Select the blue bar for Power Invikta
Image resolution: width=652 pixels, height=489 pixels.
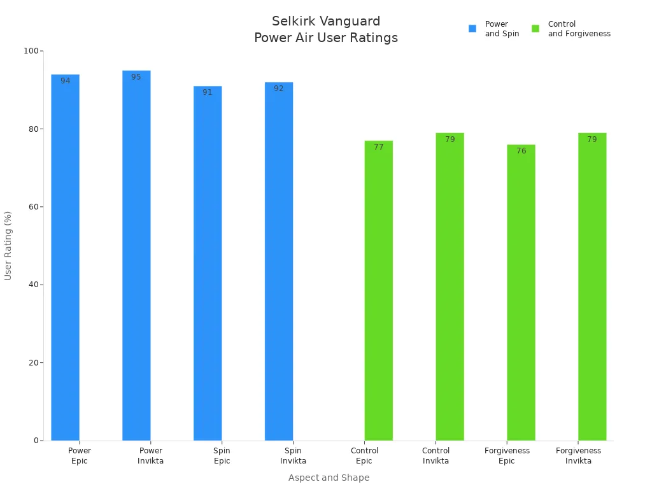click(x=136, y=255)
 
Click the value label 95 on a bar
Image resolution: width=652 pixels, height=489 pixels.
click(x=136, y=77)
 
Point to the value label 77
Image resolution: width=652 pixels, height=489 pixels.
click(x=379, y=147)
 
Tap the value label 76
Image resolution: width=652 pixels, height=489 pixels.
click(x=521, y=151)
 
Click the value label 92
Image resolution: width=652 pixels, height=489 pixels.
click(x=279, y=89)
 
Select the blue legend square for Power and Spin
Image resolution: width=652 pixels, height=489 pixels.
click(x=472, y=29)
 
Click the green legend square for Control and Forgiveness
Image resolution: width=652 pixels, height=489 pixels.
click(x=535, y=29)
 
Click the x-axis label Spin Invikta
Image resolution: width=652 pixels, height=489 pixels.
click(x=293, y=456)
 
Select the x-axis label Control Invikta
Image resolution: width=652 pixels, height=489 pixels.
click(x=436, y=456)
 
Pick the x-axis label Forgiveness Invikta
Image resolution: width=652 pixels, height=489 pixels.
click(x=578, y=456)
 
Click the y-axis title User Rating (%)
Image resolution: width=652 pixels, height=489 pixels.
click(x=8, y=245)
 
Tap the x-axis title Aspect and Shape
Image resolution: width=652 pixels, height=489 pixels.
click(x=329, y=478)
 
